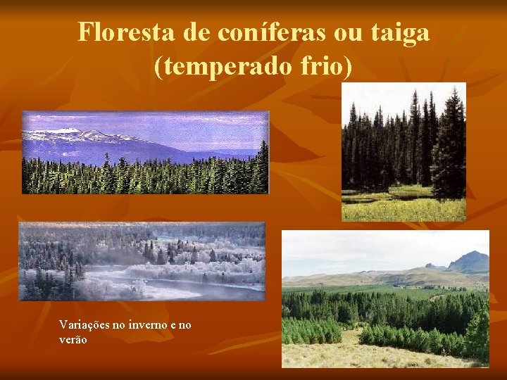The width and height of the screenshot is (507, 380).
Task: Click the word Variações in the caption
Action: (84, 324)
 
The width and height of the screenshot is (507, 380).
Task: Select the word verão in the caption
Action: (73, 339)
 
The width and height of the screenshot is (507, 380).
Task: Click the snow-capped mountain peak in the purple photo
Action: (67, 132)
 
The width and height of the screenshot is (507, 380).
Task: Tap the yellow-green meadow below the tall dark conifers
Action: (401, 207)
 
